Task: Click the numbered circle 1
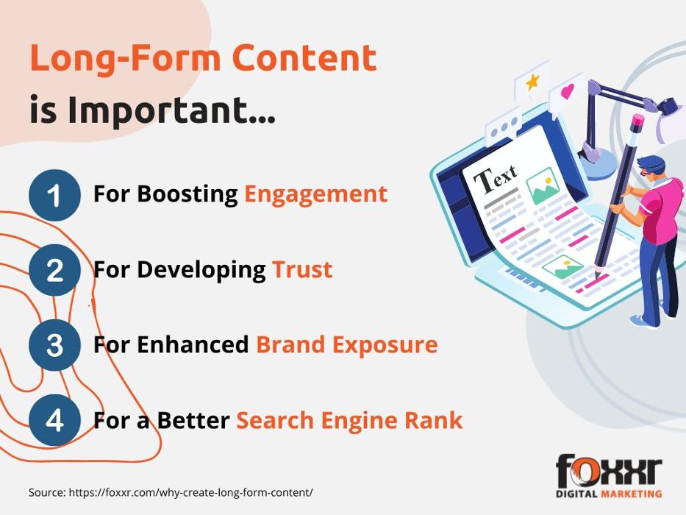[x=54, y=195]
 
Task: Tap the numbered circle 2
[x=54, y=270]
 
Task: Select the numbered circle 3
[x=54, y=345]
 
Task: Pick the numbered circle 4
[x=54, y=420]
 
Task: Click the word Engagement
[x=316, y=195]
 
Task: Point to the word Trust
[x=302, y=269]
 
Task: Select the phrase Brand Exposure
[x=347, y=344]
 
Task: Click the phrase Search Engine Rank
[x=349, y=420]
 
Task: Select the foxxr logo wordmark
[x=609, y=470]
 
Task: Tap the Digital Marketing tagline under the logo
[x=609, y=494]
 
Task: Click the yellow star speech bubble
[x=531, y=83]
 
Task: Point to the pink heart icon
[x=568, y=91]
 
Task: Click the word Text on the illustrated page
[x=496, y=179]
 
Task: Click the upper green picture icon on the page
[x=543, y=185]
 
